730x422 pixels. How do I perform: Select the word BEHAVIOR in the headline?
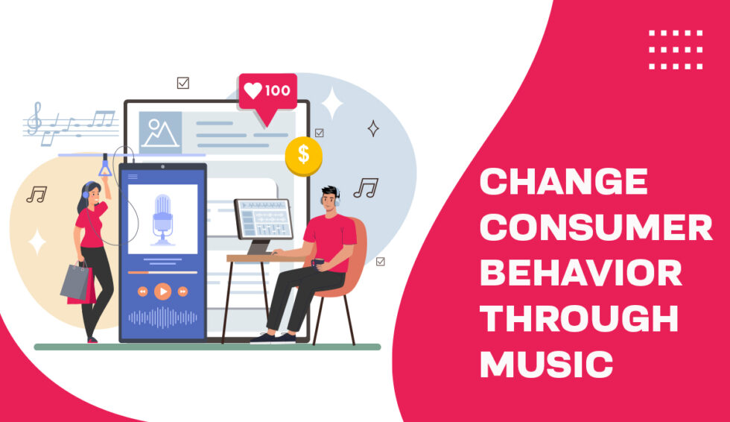pos(580,274)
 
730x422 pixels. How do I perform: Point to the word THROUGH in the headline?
pos(579,319)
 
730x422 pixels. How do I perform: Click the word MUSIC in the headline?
pos(547,365)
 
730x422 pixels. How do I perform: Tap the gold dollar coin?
pos(303,156)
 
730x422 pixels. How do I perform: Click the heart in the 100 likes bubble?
pos(253,91)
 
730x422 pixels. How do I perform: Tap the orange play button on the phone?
pos(162,292)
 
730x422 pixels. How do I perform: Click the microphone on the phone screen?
pos(162,218)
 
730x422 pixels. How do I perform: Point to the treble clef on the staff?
pos(34,119)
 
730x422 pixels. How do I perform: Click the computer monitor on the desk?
pos(262,221)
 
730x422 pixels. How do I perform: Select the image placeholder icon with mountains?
pos(160,133)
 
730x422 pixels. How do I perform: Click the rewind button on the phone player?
pos(142,292)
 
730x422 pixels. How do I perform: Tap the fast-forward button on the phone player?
pos(182,292)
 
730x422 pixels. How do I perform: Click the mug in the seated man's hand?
pos(318,262)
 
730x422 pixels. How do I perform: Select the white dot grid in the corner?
pos(676,50)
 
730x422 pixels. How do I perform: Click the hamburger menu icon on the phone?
pos(133,177)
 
